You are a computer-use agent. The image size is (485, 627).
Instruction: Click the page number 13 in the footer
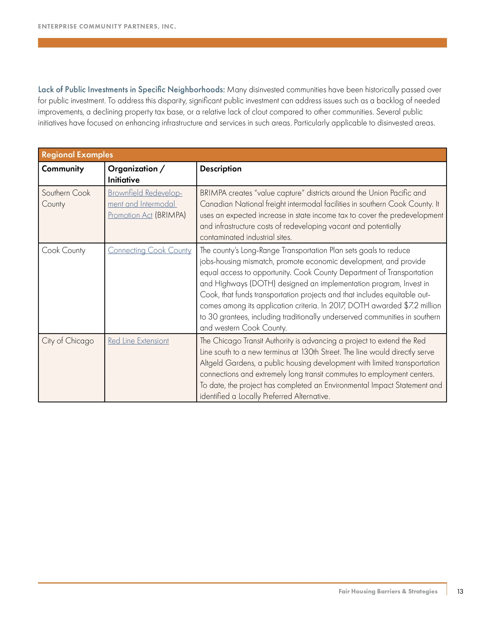[x=460, y=591]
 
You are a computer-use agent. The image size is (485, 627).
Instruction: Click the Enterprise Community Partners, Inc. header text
[x=107, y=26]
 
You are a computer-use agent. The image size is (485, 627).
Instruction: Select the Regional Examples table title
[x=77, y=155]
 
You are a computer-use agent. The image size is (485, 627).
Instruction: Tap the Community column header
[x=63, y=169]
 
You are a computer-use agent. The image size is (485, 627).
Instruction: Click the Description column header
[x=221, y=169]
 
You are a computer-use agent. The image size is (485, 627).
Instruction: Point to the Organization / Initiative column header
[x=136, y=174]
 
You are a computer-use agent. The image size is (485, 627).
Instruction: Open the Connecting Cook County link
[x=149, y=250]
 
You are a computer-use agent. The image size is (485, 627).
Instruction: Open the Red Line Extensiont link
[x=138, y=341]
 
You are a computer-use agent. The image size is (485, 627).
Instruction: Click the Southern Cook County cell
[x=66, y=198]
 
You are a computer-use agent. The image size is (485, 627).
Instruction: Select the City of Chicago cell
[x=68, y=341]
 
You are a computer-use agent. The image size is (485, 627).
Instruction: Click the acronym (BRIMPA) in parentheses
[x=170, y=215]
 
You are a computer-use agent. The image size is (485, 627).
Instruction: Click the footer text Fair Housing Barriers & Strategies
[x=388, y=591]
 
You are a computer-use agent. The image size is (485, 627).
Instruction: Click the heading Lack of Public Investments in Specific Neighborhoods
[x=131, y=90]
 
